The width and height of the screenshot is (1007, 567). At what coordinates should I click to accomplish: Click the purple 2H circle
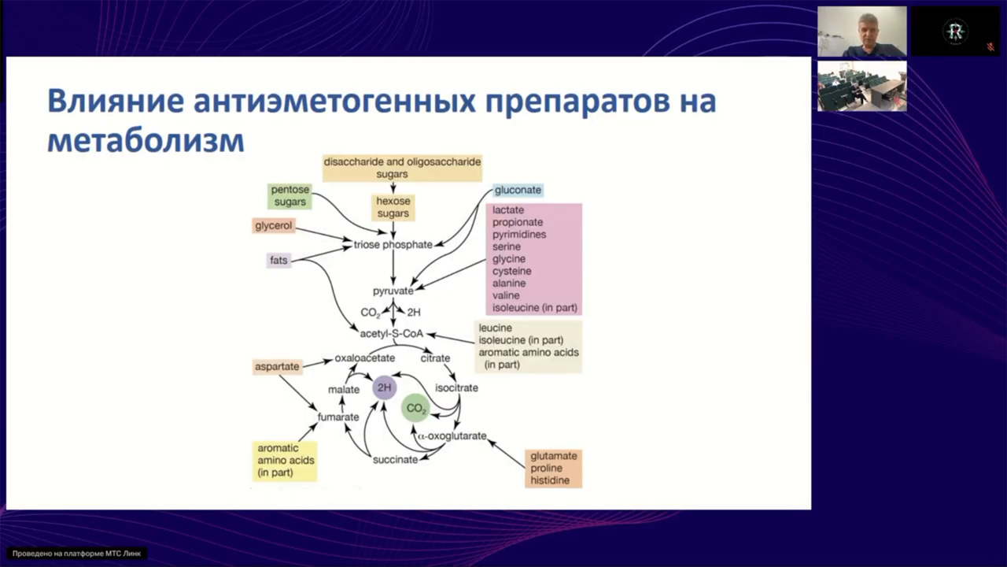384,387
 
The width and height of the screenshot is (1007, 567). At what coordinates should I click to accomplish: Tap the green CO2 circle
415,409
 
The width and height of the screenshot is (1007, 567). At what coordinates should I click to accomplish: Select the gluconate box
518,191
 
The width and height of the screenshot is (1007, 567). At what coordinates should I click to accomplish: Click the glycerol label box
274,226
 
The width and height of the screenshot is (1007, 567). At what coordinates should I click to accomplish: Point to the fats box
278,260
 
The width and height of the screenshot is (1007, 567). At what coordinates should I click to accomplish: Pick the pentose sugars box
290,196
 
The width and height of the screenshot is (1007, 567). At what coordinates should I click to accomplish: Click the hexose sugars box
393,207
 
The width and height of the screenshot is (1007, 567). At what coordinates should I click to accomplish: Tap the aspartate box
277,367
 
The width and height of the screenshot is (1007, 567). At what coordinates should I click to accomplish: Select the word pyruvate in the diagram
393,291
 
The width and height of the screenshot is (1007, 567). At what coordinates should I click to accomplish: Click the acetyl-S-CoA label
392,334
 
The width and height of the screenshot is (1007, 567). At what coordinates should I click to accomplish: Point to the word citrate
435,358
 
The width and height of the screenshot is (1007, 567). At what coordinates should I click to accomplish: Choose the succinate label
395,459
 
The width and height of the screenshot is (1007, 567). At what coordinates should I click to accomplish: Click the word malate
344,390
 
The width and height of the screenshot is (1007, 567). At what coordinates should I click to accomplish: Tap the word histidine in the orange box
550,480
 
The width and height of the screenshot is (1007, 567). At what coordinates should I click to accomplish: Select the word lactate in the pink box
508,210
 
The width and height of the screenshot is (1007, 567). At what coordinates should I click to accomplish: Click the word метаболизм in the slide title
146,140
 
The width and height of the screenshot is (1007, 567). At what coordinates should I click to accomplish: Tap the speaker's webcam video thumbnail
861,31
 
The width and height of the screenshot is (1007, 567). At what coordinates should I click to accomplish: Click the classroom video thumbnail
861,86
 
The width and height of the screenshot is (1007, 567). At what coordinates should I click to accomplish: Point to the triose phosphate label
393,245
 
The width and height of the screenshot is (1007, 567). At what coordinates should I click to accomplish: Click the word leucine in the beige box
496,328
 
